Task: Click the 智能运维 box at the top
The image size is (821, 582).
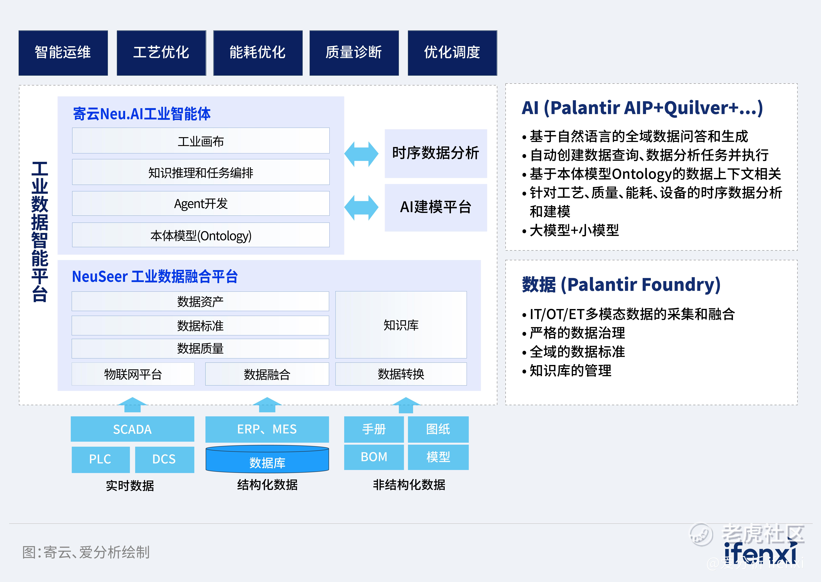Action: (63, 53)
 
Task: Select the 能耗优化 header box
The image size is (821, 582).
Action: (258, 53)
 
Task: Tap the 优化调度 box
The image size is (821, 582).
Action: (452, 53)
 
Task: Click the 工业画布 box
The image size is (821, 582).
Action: (201, 141)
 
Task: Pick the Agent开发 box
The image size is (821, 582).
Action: (201, 204)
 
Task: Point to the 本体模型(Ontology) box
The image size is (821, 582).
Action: (201, 235)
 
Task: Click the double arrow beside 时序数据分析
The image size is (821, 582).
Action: (361, 154)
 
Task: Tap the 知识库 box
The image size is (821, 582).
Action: (401, 325)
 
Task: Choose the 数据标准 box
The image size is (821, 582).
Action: (200, 325)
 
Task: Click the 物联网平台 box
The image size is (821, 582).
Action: (133, 374)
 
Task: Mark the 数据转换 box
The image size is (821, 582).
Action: (401, 374)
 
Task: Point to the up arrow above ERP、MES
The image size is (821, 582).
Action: (267, 404)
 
